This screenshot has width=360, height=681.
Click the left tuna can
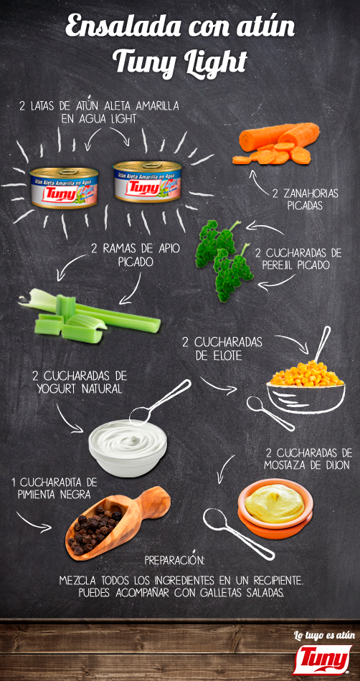(63, 187)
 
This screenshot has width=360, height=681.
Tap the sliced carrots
(276, 145)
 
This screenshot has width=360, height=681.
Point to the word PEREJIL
(283, 265)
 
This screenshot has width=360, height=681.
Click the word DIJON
(332, 465)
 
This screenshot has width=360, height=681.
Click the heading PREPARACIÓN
(175, 559)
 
